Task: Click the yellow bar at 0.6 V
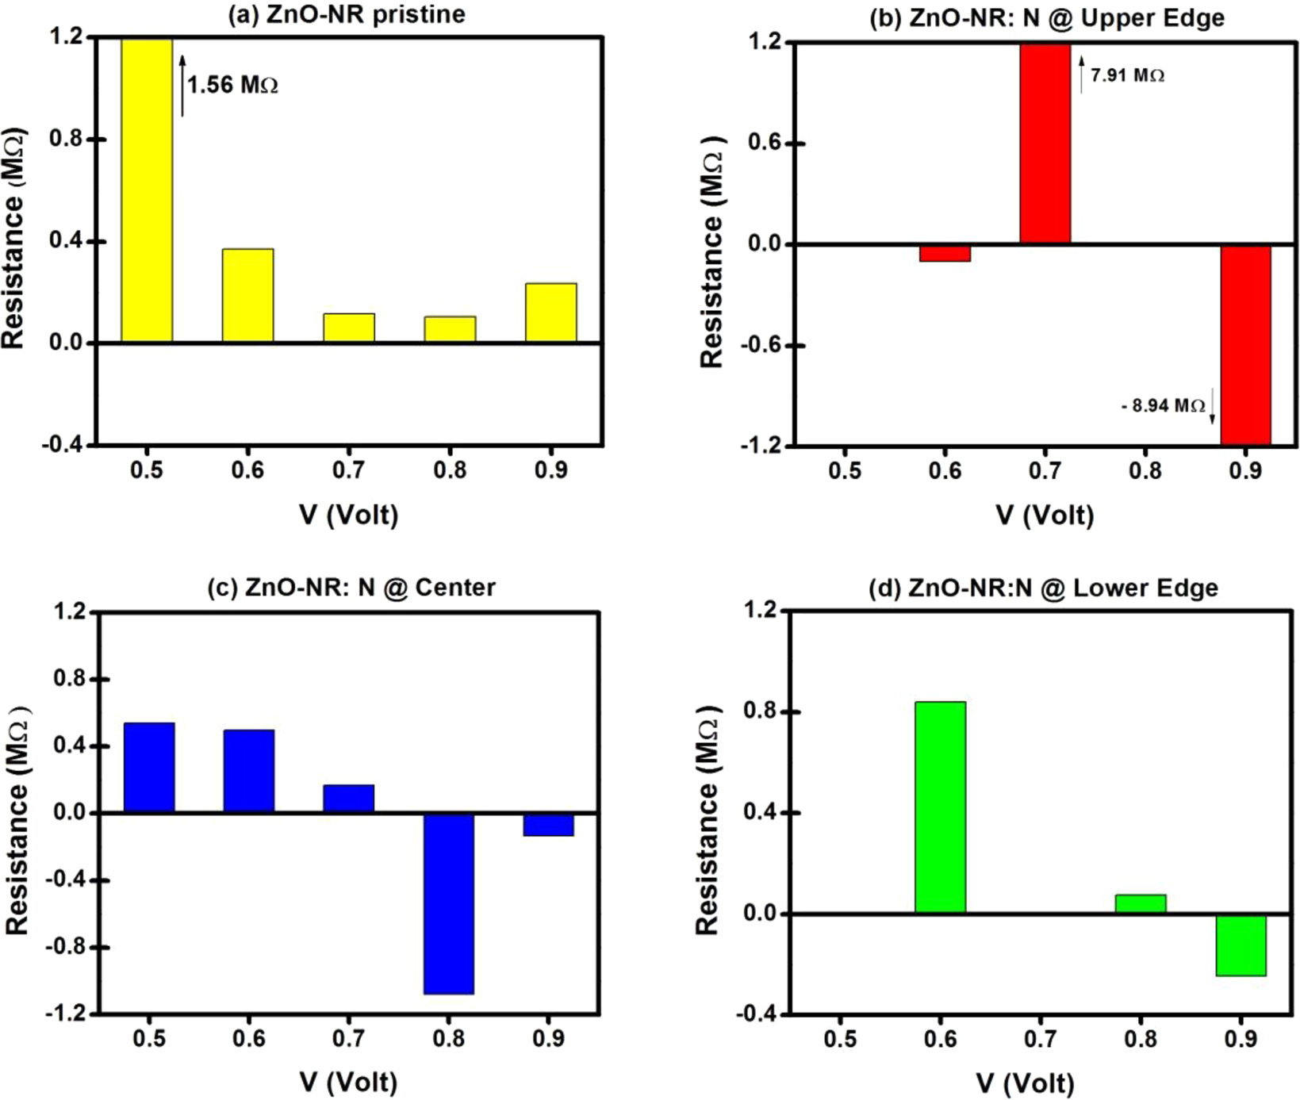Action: [x=247, y=296]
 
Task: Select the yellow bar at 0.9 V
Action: [x=551, y=312]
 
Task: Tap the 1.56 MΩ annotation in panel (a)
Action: [x=232, y=84]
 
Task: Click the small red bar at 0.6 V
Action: [x=945, y=253]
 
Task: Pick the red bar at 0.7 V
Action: [x=1045, y=143]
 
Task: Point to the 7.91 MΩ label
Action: [x=1127, y=76]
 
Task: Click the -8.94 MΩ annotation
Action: [x=1164, y=406]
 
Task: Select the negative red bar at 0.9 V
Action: [x=1245, y=345]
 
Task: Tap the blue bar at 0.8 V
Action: [x=449, y=903]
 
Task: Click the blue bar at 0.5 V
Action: [x=149, y=768]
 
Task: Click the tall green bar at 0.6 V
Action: [x=941, y=807]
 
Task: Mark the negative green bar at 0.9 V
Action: [x=1241, y=945]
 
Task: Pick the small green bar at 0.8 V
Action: [x=1141, y=904]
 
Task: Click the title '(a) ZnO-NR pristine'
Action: [x=347, y=14]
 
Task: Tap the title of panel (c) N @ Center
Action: [x=351, y=588]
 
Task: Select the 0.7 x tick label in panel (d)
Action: [x=1040, y=1038]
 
